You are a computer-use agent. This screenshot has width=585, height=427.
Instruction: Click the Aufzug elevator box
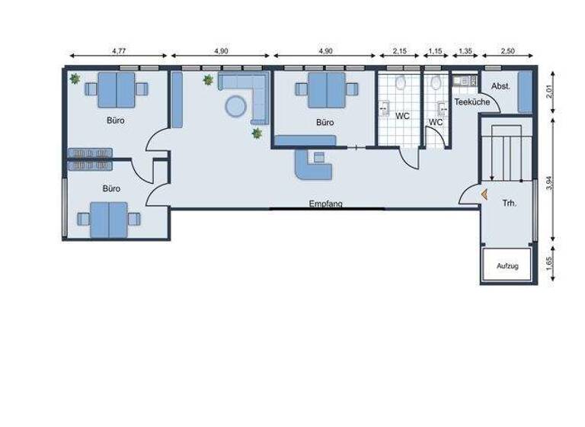click(507, 265)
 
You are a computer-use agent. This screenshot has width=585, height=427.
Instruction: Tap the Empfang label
click(326, 204)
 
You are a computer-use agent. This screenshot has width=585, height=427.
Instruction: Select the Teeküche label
click(472, 101)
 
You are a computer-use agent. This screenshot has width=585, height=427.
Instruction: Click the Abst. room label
click(500, 86)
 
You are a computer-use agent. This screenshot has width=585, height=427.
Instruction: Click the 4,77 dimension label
click(118, 50)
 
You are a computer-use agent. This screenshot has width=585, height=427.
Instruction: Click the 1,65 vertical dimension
click(550, 265)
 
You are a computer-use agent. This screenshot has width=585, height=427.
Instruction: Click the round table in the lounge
click(235, 106)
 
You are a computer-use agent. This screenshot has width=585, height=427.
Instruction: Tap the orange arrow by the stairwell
click(483, 194)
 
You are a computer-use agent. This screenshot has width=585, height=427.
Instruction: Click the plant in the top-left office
click(75, 79)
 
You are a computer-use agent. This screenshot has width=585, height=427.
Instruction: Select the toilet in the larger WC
click(401, 82)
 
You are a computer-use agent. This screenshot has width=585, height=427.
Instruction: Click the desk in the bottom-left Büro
click(109, 220)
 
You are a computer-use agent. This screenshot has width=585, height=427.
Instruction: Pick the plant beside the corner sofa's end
click(257, 133)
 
